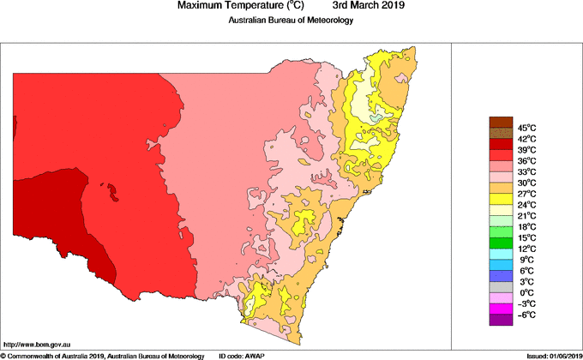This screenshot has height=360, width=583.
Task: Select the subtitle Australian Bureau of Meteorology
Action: click(291, 21)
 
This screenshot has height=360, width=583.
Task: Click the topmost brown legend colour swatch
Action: click(500, 122)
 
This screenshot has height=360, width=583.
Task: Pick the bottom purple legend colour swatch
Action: click(500, 321)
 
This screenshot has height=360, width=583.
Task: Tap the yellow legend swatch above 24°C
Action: click(500, 199)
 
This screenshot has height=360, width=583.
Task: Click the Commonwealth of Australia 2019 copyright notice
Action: click(103, 355)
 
